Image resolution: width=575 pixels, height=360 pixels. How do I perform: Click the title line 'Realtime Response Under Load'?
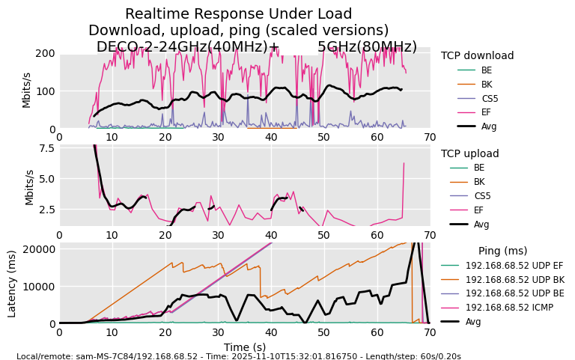(238, 14)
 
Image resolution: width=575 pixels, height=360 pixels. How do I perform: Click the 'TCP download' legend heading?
(477, 55)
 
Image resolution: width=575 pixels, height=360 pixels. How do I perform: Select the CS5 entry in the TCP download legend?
(490, 98)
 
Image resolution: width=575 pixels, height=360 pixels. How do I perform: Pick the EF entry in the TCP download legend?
(486, 112)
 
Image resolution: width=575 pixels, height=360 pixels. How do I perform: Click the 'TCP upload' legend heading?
(469, 153)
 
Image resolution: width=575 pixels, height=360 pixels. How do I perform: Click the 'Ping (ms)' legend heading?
(502, 251)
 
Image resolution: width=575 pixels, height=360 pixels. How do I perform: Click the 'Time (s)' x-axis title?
(244, 347)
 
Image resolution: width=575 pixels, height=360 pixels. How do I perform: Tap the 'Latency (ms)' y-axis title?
(12, 283)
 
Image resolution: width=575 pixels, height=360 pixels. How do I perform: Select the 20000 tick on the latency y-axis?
(39, 248)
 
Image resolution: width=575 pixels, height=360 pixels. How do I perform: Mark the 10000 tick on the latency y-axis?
(39, 286)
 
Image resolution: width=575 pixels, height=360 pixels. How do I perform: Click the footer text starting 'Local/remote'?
(238, 356)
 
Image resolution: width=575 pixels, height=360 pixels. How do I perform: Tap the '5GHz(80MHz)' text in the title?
(367, 46)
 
